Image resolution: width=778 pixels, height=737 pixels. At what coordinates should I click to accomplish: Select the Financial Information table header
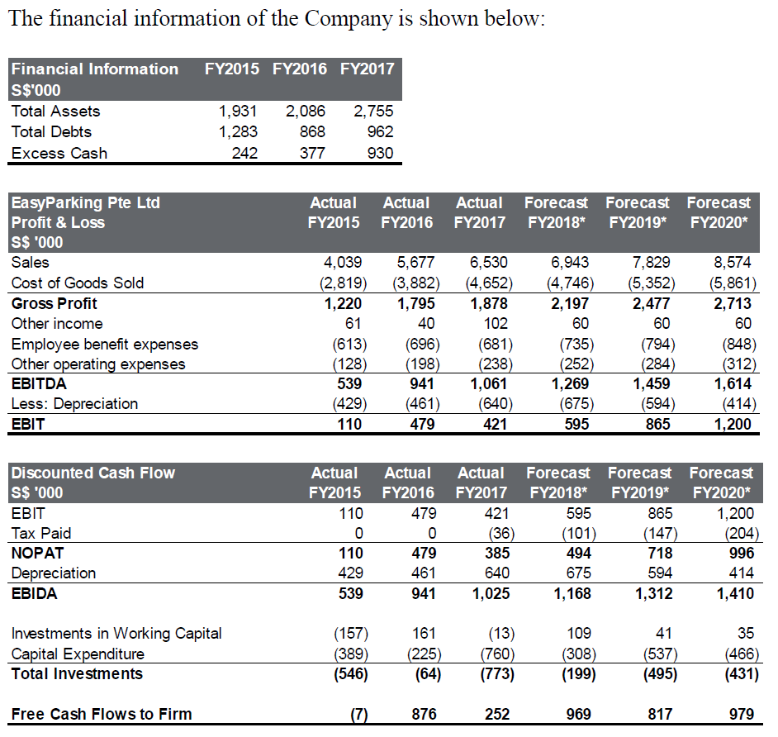pyautogui.click(x=95, y=69)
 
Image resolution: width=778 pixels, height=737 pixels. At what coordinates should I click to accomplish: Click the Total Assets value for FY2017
pyautogui.click(x=373, y=112)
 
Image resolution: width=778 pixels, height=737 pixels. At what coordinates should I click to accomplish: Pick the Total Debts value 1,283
pyautogui.click(x=239, y=132)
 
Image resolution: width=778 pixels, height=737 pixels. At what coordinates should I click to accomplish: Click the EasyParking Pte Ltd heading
pyautogui.click(x=86, y=203)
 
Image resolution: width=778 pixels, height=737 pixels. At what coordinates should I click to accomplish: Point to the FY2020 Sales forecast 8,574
pyautogui.click(x=732, y=263)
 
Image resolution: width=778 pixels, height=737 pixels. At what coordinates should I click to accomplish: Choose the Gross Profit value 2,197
pyautogui.click(x=570, y=303)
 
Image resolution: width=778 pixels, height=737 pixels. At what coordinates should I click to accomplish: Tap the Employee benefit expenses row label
pyautogui.click(x=105, y=344)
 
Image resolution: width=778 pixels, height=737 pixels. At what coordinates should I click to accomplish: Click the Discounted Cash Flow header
pyautogui.click(x=93, y=473)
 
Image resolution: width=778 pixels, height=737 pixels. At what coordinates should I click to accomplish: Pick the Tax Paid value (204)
pyautogui.click(x=734, y=534)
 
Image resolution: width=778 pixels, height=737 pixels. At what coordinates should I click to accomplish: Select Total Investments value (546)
pyautogui.click(x=347, y=674)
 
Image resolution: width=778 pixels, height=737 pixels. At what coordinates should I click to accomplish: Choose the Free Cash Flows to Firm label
pyautogui.click(x=102, y=715)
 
